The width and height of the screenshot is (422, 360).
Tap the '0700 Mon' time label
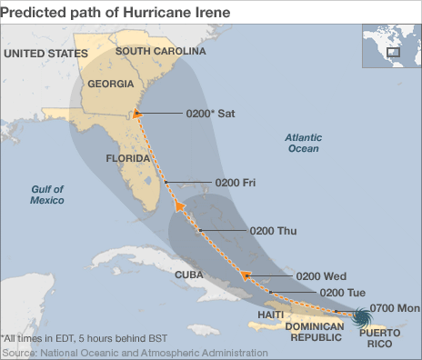[394, 308]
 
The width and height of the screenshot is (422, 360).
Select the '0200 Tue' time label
[344, 291]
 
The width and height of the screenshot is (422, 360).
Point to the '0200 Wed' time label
[321, 275]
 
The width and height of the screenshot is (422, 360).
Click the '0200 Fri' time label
[235, 183]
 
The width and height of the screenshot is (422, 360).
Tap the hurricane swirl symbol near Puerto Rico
[360, 317]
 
